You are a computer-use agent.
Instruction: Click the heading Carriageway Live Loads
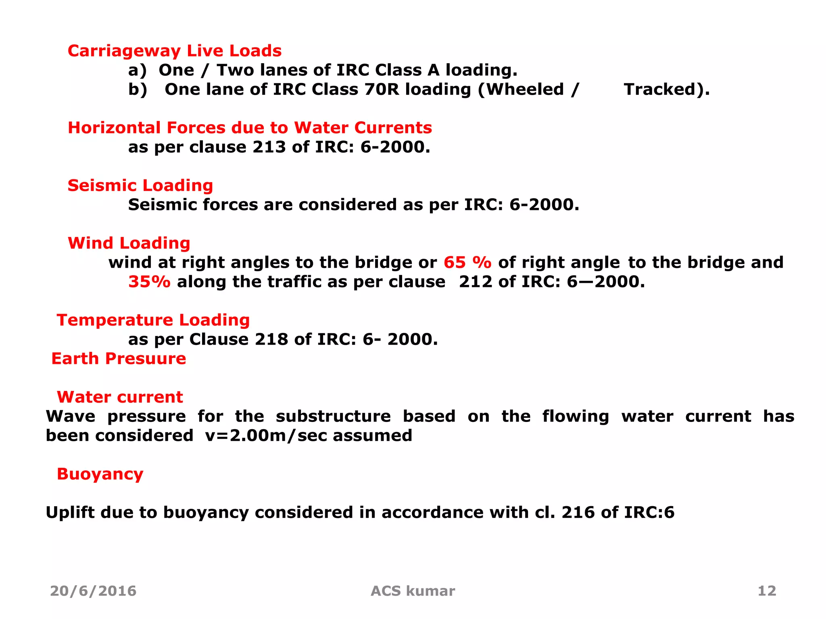coord(174,51)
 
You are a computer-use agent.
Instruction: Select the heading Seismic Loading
coord(140,186)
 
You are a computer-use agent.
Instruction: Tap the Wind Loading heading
coord(129,243)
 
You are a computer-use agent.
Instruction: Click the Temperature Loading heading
coord(153,320)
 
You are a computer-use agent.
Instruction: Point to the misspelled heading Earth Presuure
coord(119,359)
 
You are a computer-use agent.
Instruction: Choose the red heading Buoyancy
coord(100,474)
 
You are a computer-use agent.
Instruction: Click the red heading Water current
coord(120,397)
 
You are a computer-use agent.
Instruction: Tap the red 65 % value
coord(467,263)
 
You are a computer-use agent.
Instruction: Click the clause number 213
coord(269,147)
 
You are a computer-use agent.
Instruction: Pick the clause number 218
coord(271,340)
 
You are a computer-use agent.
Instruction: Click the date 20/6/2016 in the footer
coord(93,591)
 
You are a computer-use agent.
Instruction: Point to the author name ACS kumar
coord(413,591)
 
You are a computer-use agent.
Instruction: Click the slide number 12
coord(767,591)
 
